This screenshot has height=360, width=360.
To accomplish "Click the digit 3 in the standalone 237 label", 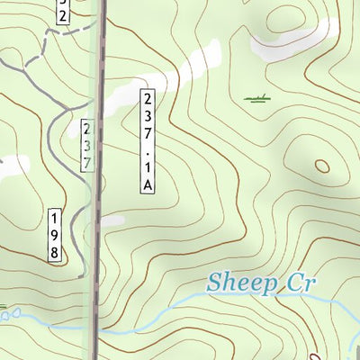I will click(86, 146).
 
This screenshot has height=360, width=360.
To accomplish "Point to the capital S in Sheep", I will click(215, 283).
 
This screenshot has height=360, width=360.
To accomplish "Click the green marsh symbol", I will click(257, 98).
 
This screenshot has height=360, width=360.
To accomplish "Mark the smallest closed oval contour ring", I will click(322, 166).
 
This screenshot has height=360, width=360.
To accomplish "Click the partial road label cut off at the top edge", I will click(61, 11).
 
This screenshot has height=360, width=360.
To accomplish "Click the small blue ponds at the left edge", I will click(9, 314).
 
